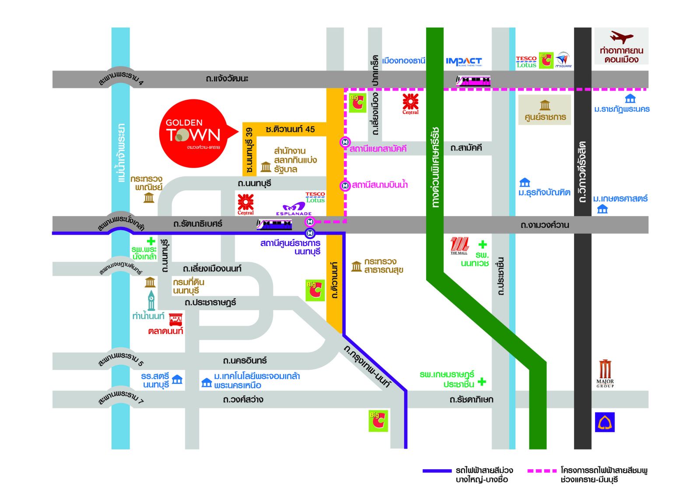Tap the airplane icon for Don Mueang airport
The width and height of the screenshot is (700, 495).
coord(621,37)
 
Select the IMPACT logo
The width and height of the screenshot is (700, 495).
coord(464,62)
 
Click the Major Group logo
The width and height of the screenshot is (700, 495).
coord(605,373)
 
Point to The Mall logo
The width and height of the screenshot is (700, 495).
coord(459,246)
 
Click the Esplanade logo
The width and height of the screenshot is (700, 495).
coord(294,209)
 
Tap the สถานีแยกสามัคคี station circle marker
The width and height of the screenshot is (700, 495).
coord(345,142)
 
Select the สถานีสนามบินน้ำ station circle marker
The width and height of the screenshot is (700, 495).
coord(345,186)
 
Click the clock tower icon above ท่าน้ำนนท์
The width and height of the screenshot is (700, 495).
coord(151,300)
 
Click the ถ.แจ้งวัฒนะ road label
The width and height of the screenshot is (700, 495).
coord(227,79)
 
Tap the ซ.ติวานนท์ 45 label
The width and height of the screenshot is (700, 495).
coord(290,129)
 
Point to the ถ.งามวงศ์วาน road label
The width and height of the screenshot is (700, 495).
coord(544,225)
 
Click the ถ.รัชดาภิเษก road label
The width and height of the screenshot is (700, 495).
coord(471,400)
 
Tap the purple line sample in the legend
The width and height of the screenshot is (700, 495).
coord(437,471)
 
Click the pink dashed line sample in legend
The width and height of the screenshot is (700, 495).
coord(542,471)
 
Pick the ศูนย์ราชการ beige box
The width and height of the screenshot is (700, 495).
coord(545,110)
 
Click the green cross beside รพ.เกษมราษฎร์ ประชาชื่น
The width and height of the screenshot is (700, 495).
coord(482,382)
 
